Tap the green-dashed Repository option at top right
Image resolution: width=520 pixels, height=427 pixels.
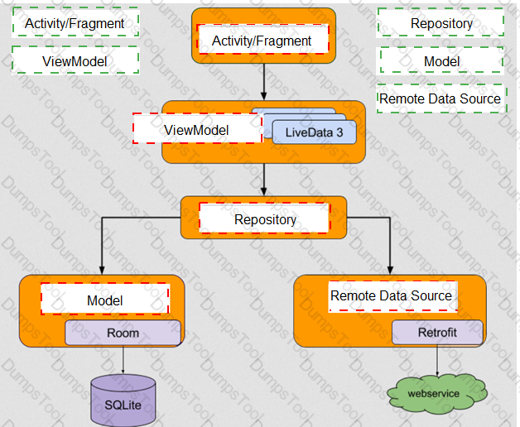(441, 23)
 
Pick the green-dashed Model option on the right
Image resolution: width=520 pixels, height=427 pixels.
(441, 61)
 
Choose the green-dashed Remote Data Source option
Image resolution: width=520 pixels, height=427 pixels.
(441, 98)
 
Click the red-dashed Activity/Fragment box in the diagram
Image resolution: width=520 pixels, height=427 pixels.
(262, 40)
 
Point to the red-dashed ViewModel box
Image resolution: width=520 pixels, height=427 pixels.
(196, 130)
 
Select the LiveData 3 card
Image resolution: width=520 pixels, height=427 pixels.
(315, 132)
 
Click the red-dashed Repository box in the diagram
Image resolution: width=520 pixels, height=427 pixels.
(265, 219)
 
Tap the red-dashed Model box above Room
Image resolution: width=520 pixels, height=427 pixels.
(105, 300)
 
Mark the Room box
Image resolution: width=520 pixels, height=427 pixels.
(123, 333)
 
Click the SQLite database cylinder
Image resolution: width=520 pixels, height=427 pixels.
(123, 401)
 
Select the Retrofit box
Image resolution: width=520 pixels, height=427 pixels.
(436, 333)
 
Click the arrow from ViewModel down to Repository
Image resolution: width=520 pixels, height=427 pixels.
(263, 178)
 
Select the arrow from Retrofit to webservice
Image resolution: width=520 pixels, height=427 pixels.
(436, 362)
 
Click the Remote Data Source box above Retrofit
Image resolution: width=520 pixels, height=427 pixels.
(392, 295)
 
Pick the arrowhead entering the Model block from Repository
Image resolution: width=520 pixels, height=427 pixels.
(102, 270)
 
